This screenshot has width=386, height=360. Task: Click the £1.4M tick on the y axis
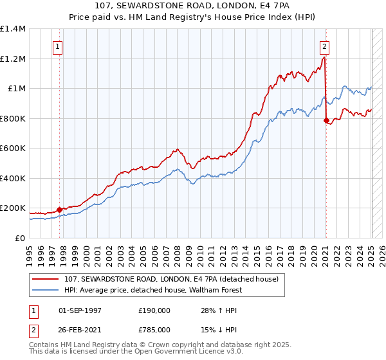[13, 29]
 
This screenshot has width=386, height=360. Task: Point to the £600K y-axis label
[13, 148]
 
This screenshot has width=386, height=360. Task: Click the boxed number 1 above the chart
[58, 46]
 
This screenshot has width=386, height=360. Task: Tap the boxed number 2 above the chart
[325, 46]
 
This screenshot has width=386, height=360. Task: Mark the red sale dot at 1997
[59, 210]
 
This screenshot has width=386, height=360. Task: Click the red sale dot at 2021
[326, 120]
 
